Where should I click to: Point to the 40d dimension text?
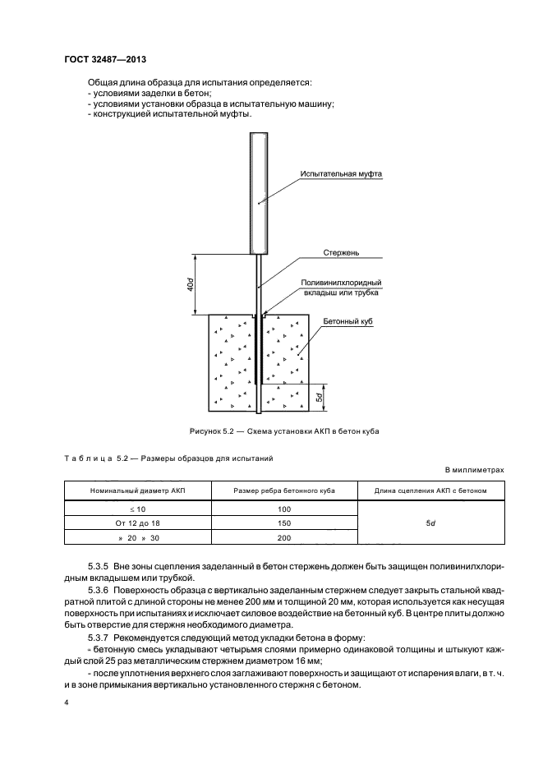[x=190, y=284]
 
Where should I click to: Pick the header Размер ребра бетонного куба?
[x=283, y=491]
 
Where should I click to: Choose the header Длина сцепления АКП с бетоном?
[x=430, y=491]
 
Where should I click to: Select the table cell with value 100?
[x=284, y=509]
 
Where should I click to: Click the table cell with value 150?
[x=284, y=523]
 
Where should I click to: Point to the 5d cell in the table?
[x=430, y=523]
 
